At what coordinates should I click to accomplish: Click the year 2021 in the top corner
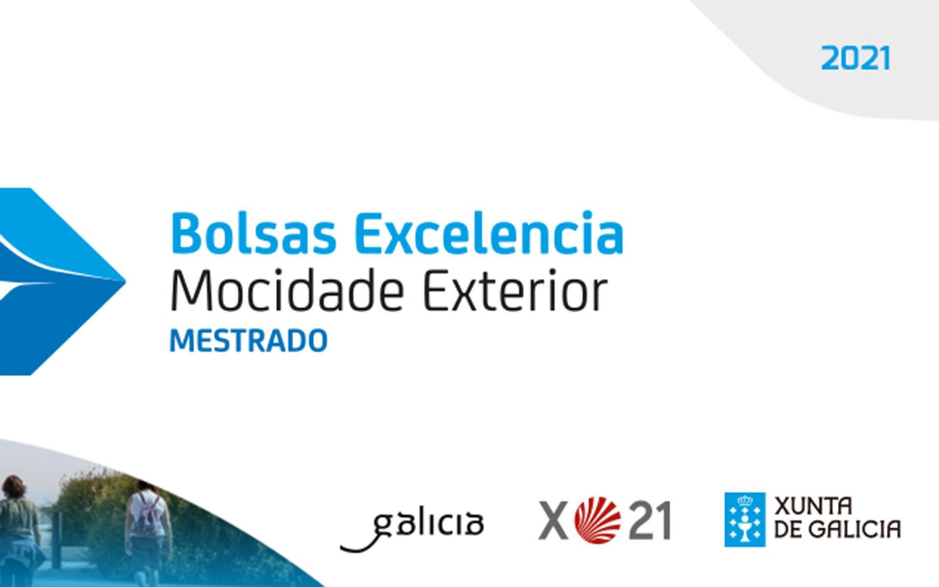pyautogui.click(x=855, y=59)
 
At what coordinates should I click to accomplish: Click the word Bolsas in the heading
pyautogui.click(x=253, y=234)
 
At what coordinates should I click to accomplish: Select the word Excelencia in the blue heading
pyautogui.click(x=488, y=234)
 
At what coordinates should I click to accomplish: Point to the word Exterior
pyautogui.click(x=515, y=292)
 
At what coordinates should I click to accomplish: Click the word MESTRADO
pyautogui.click(x=248, y=341)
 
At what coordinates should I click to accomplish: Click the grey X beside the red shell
pyautogui.click(x=553, y=520)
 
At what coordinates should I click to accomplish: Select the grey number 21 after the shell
pyautogui.click(x=650, y=521)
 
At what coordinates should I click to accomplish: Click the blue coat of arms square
pyautogui.click(x=745, y=519)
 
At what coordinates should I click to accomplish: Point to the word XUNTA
pyautogui.click(x=813, y=506)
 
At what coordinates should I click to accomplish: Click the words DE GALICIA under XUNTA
pyautogui.click(x=837, y=529)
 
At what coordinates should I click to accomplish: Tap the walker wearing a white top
pyautogui.click(x=147, y=528)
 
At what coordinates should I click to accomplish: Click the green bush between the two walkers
pyautogui.click(x=88, y=517)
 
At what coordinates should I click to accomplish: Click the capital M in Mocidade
pyautogui.click(x=189, y=292)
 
